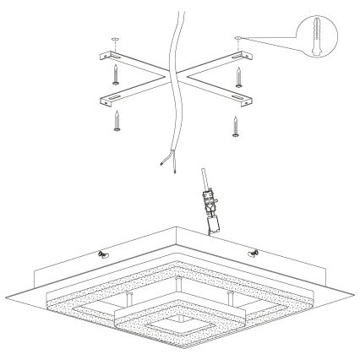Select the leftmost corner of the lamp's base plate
point(6,293)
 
